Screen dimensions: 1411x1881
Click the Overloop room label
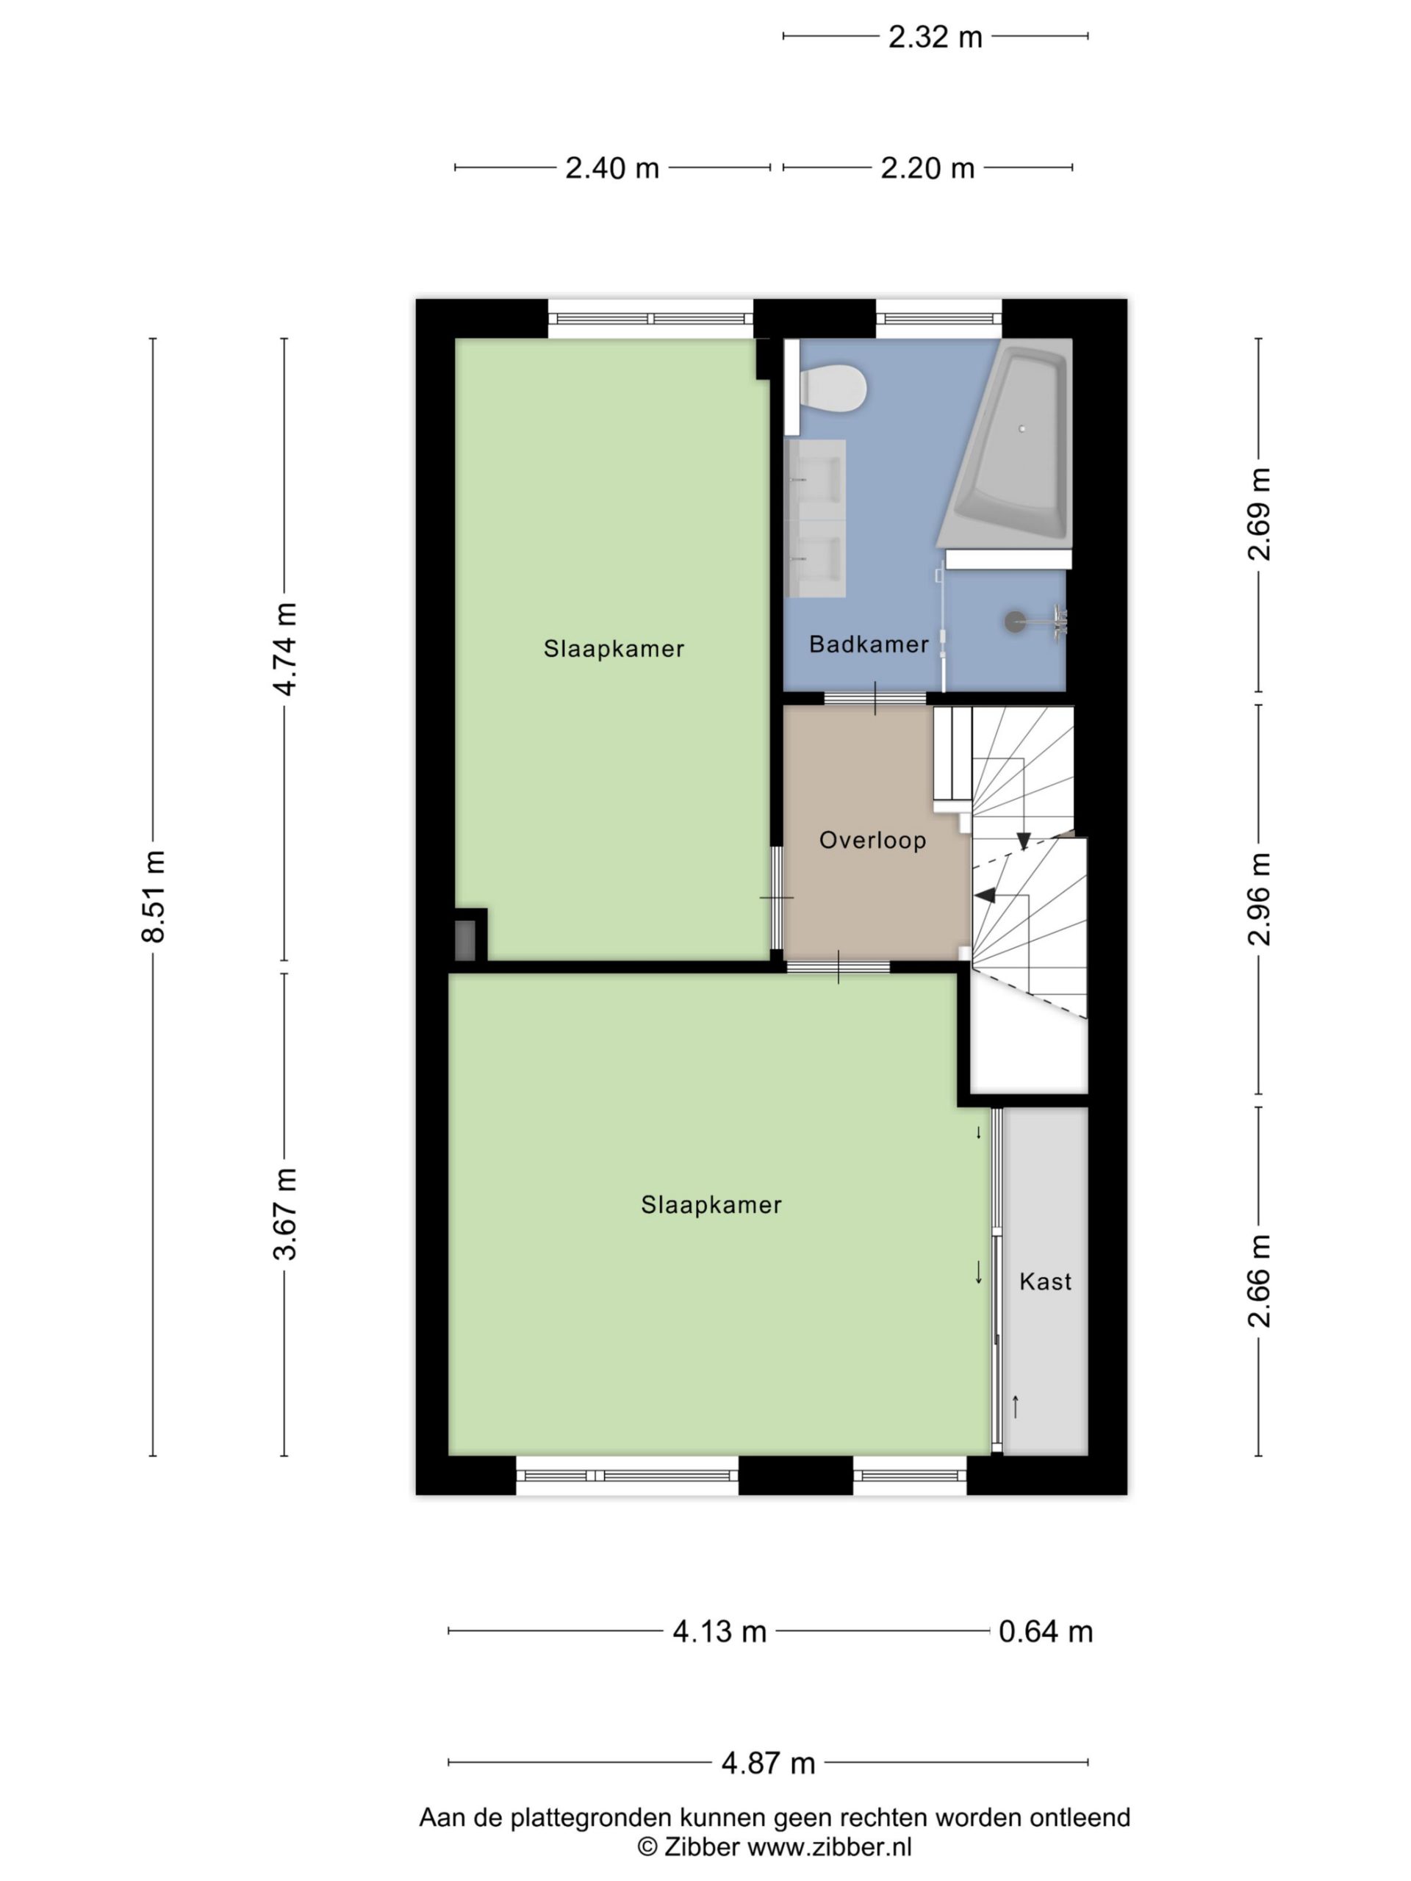pos(872,840)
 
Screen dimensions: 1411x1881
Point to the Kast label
pos(1045,1281)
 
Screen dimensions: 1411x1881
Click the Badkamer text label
pos(869,644)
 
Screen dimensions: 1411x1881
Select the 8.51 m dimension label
pos(154,896)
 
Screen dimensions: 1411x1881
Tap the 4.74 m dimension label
pos(285,649)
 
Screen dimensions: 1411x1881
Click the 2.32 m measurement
pos(935,37)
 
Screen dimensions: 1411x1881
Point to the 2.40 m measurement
pos(612,168)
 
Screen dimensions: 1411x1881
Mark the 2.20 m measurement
pos(927,168)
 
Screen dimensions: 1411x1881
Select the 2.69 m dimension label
pos(1259,514)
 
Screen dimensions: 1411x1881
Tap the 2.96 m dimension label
pos(1259,899)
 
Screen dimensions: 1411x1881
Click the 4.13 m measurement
pos(719,1632)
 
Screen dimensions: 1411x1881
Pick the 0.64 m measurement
pos(1045,1632)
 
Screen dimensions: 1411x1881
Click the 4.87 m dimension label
pos(768,1763)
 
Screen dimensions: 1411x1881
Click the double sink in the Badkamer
pos(816,518)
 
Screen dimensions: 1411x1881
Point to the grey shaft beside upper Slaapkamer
pos(464,940)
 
